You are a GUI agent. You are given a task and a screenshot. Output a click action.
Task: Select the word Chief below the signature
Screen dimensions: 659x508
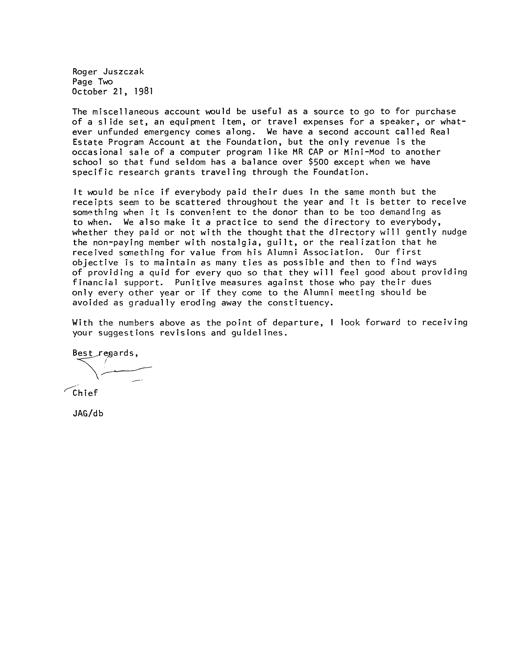(85, 393)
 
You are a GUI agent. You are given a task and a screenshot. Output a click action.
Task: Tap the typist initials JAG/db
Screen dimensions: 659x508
(88, 413)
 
